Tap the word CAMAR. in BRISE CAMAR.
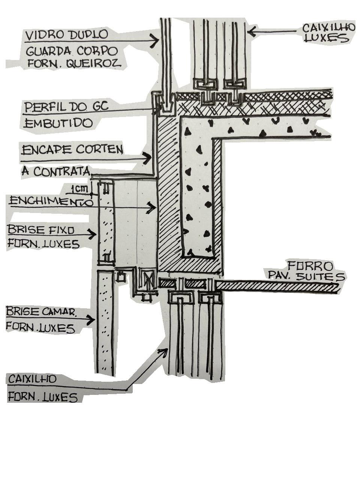click(59, 311)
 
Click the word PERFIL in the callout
click(40, 107)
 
